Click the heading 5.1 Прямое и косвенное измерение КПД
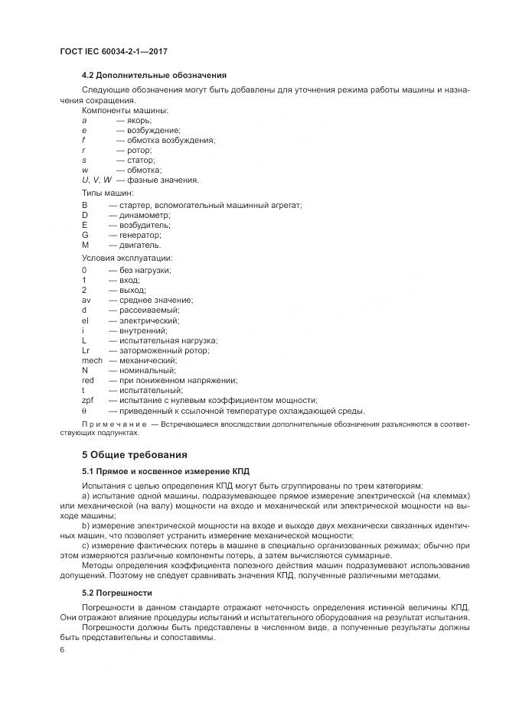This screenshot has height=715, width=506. tap(166, 472)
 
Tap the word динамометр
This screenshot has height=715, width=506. tap(143, 216)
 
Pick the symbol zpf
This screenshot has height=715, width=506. tap(87, 400)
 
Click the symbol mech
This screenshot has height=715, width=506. tap(92, 360)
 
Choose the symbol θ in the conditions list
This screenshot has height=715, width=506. tap(84, 410)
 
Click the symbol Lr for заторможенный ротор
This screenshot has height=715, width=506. tap(86, 350)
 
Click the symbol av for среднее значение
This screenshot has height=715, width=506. tap(87, 301)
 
